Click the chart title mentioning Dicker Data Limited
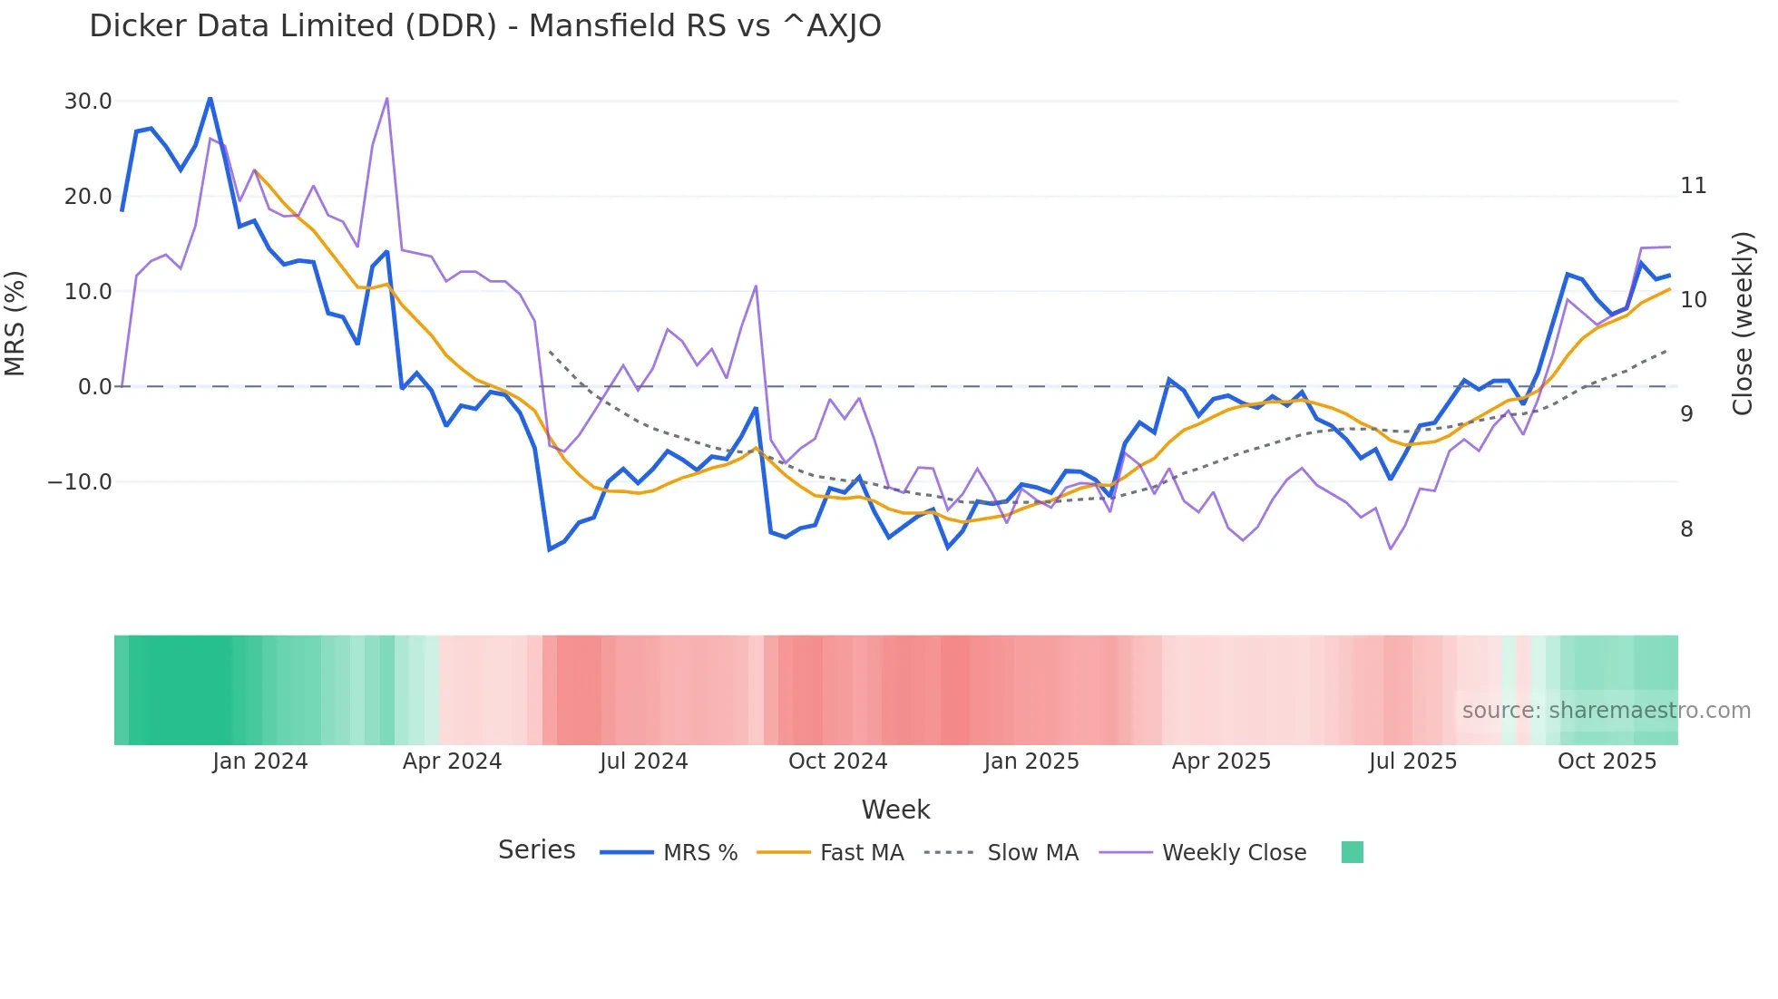(x=484, y=26)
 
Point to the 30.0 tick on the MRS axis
(x=88, y=102)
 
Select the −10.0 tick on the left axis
(x=80, y=482)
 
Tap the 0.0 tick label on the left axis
(x=94, y=387)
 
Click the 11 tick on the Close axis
(x=1693, y=186)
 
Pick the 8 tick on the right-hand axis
(x=1686, y=529)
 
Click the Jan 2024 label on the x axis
(x=260, y=761)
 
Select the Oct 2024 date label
(x=837, y=761)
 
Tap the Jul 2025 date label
(x=1412, y=761)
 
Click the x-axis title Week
(x=895, y=810)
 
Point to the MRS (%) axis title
(x=15, y=324)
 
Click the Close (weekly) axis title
(x=1742, y=324)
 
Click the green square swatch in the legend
(x=1352, y=852)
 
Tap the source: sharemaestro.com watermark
(x=1606, y=711)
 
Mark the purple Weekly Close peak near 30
(x=387, y=98)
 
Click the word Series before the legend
(x=536, y=850)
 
